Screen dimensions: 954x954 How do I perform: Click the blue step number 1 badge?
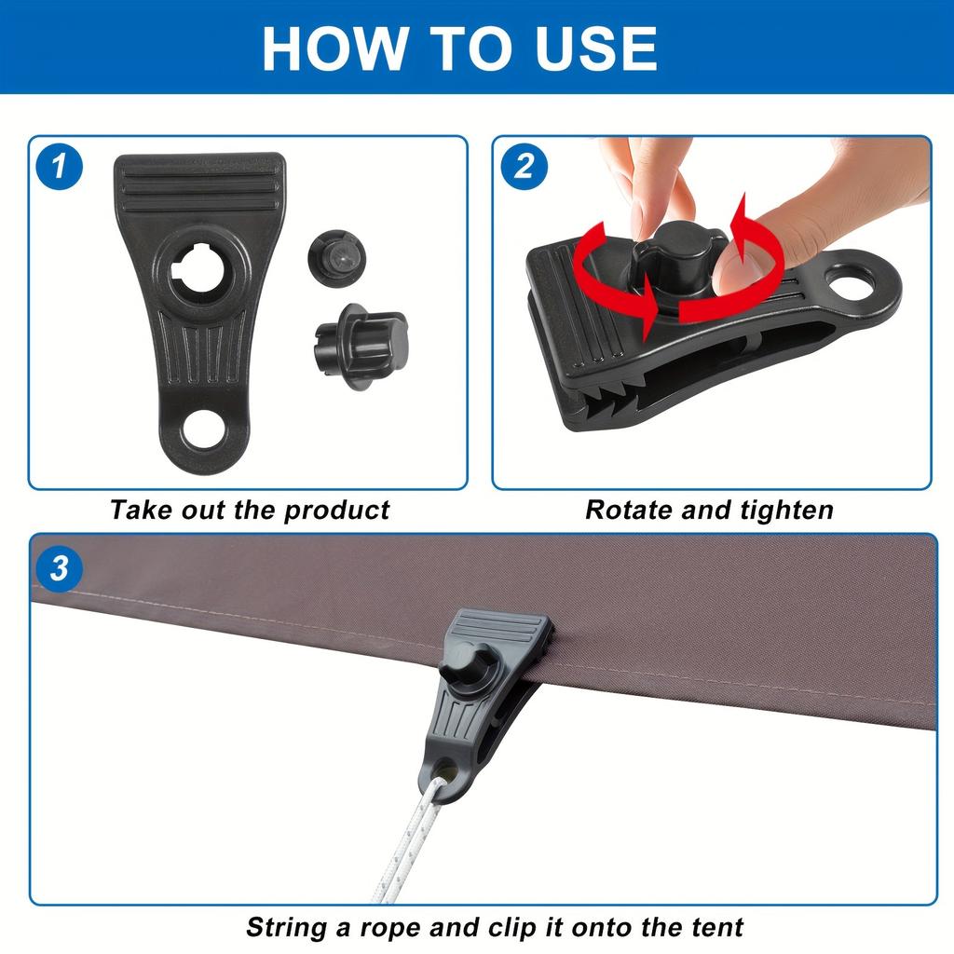pyautogui.click(x=59, y=166)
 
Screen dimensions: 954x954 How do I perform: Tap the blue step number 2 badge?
pyautogui.click(x=524, y=166)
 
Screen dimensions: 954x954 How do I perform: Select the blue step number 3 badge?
pyautogui.click(x=59, y=569)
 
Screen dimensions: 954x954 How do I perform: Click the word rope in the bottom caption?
pyautogui.click(x=390, y=929)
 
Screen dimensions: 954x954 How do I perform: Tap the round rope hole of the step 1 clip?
pyautogui.click(x=202, y=431)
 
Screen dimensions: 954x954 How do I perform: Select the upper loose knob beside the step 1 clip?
pyautogui.click(x=337, y=258)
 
